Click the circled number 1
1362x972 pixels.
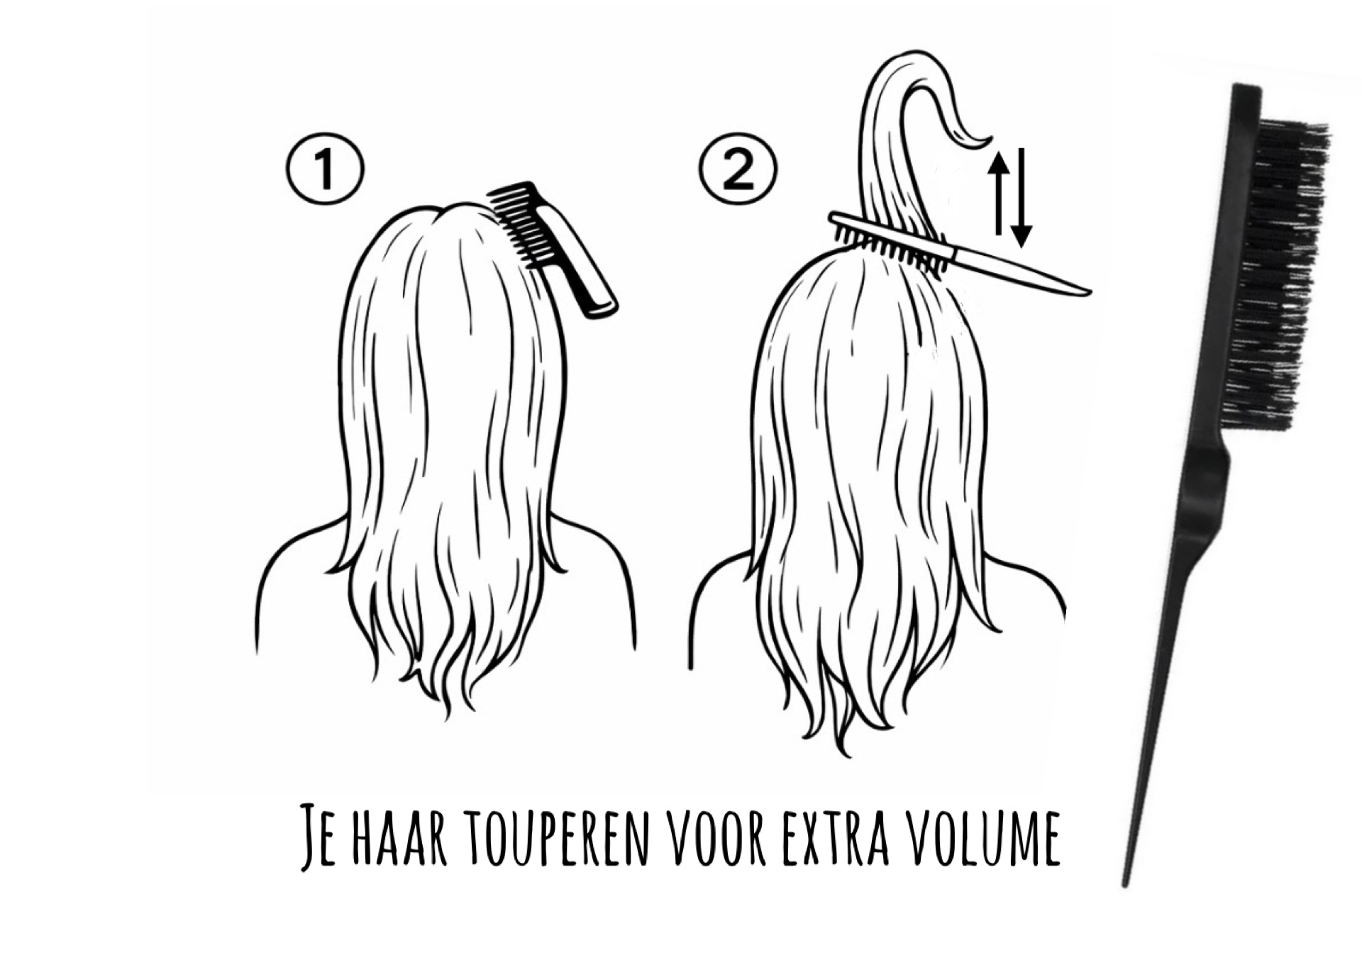325,169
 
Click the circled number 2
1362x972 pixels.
738,169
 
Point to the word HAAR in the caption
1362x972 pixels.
399,834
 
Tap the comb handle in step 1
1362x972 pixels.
580,263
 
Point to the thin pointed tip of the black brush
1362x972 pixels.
1125,882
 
